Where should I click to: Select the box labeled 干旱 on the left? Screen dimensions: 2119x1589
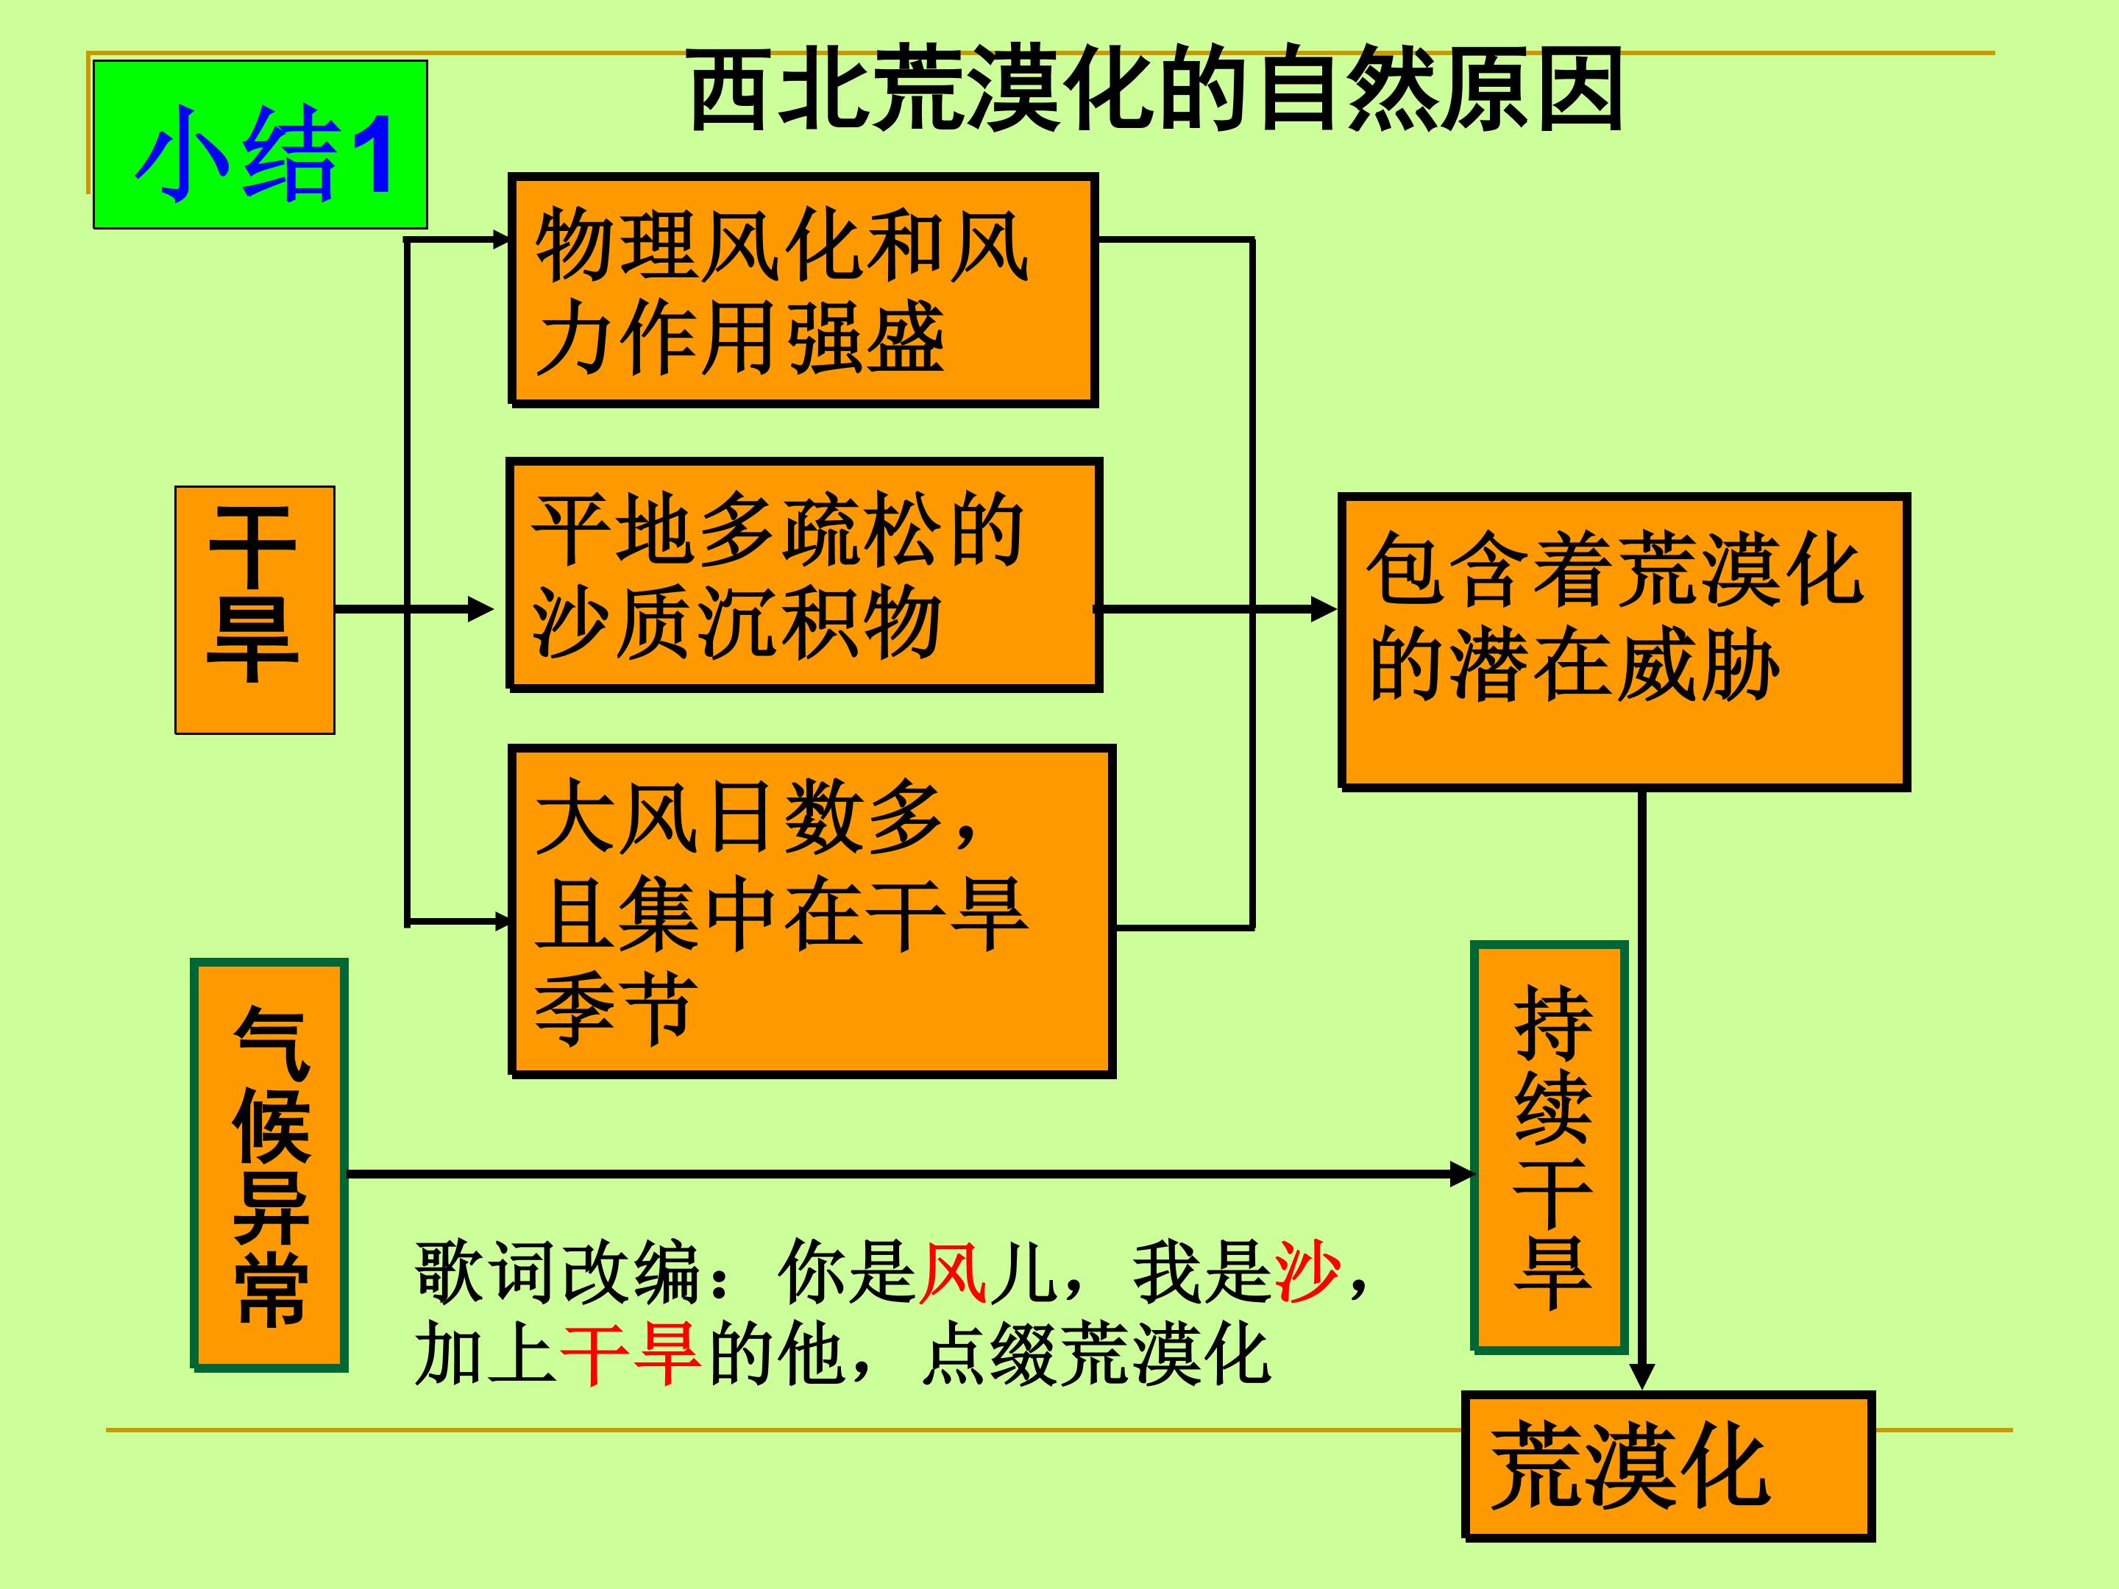pyautogui.click(x=255, y=610)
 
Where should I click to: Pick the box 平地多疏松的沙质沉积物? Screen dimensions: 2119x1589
pyautogui.click(x=805, y=575)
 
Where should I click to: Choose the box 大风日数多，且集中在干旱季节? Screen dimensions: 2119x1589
pyautogui.click(x=812, y=911)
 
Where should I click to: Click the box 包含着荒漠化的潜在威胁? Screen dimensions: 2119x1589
pyautogui.click(x=1625, y=641)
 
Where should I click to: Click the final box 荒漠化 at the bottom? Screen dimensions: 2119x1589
pyautogui.click(x=1668, y=1466)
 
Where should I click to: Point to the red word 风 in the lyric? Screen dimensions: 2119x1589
pyautogui.click(x=952, y=1272)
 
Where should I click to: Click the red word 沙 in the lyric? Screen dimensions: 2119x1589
pyautogui.click(x=1307, y=1271)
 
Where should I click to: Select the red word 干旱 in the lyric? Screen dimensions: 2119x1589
pyautogui.click(x=631, y=1354)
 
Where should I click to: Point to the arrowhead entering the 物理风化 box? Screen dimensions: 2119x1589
pyautogui.click(x=499, y=239)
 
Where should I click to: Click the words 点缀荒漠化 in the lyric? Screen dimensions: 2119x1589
pyautogui.click(x=1096, y=1354)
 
